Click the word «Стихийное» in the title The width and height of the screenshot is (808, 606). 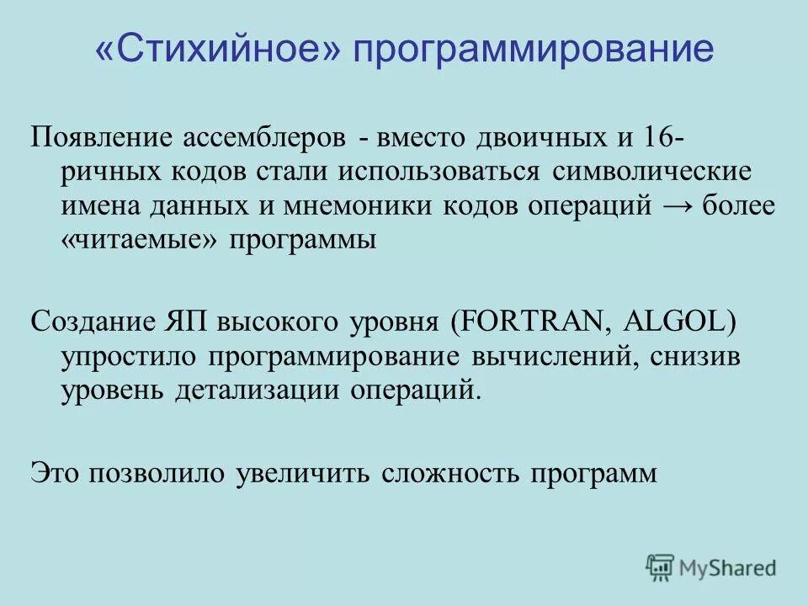coord(217,51)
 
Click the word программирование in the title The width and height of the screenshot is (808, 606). coord(533,51)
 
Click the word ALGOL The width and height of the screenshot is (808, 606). coord(666,321)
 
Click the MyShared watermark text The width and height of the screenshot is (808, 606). coord(729,569)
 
